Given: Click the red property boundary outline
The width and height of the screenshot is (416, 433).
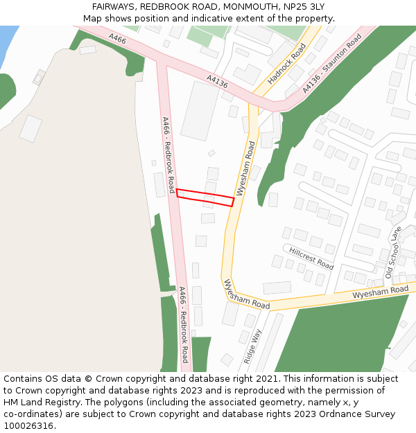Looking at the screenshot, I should (x=205, y=197).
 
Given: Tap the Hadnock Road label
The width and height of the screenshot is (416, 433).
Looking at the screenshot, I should (x=286, y=64).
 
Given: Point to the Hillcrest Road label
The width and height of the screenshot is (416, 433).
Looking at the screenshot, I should (x=311, y=258).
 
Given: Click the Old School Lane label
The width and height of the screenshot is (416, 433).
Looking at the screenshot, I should (x=393, y=253).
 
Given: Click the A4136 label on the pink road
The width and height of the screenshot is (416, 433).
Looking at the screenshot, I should (x=217, y=82).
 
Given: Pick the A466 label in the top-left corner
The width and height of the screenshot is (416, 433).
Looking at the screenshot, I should (x=117, y=39).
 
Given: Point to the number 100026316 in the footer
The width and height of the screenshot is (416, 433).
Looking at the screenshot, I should (x=28, y=425).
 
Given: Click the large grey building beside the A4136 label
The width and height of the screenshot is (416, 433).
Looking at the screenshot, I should (x=200, y=111).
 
